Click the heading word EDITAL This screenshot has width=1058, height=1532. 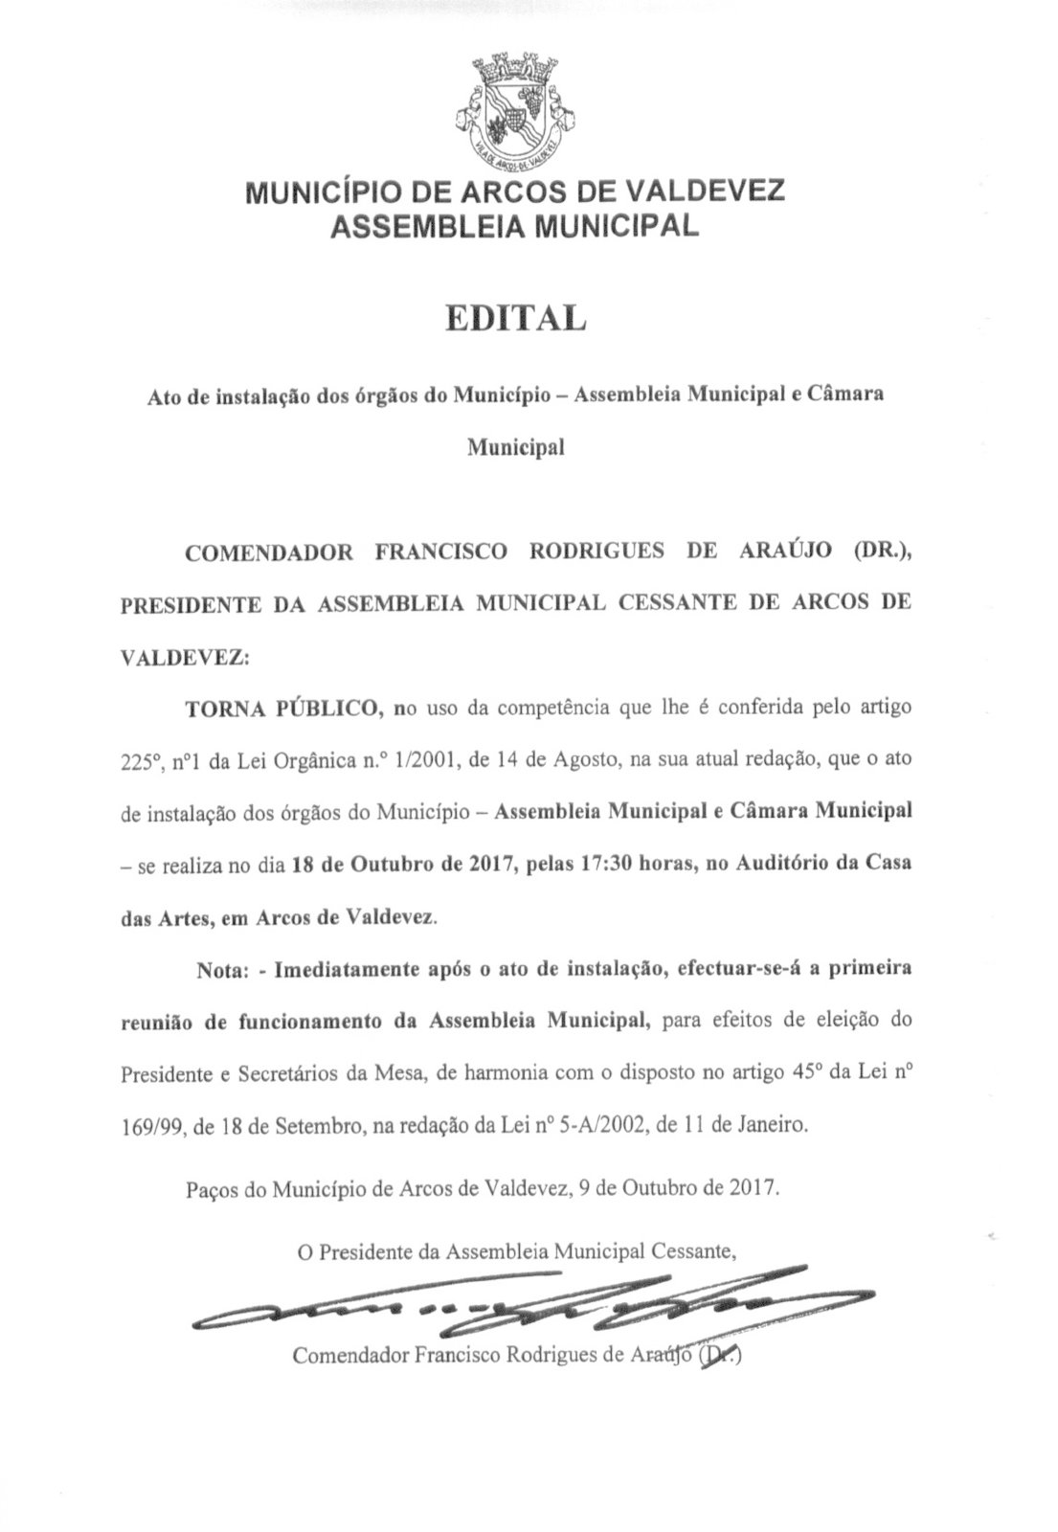click(515, 318)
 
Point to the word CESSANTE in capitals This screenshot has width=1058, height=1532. click(659, 604)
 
